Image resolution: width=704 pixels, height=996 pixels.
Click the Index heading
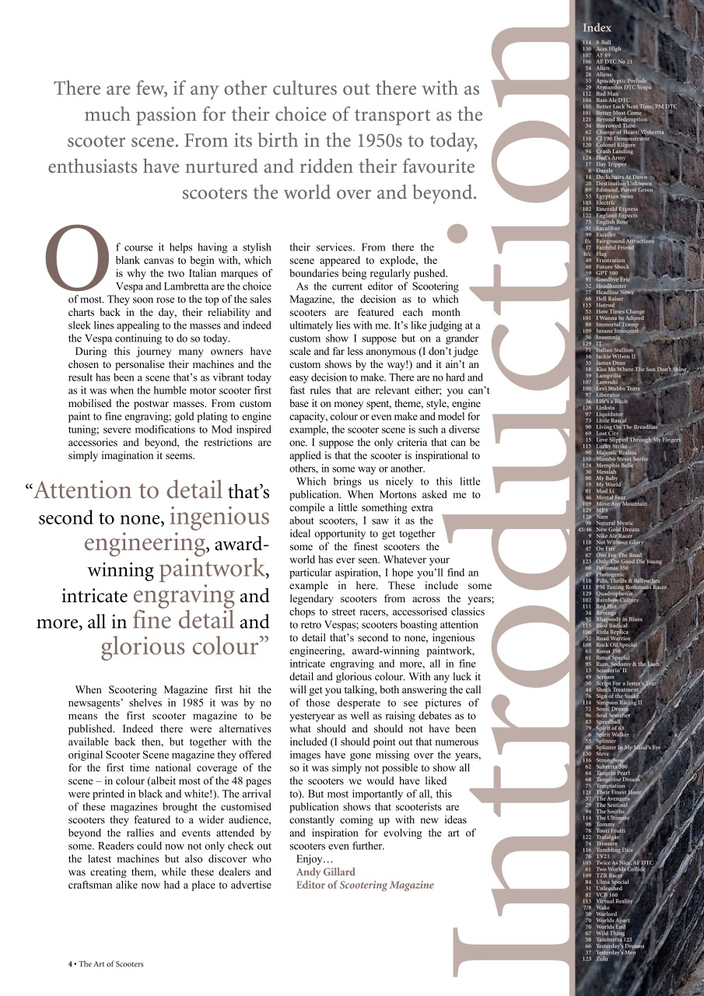(597, 28)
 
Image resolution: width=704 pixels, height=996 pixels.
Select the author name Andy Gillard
(325, 871)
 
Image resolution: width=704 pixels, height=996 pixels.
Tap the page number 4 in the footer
(70, 963)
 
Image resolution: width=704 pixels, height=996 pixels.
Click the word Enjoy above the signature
(311, 858)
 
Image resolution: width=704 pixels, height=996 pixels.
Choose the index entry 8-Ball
(603, 42)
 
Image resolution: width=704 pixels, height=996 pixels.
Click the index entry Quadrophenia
(616, 593)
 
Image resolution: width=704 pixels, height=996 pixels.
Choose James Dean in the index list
(610, 363)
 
